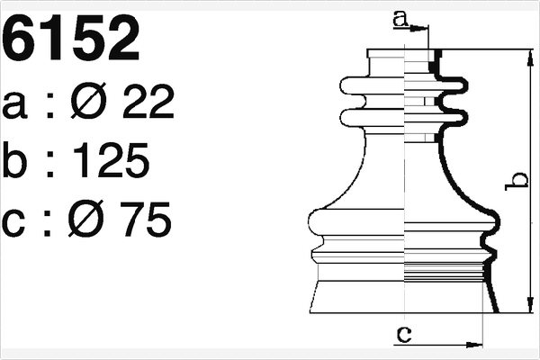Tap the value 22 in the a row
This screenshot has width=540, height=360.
pyautogui.click(x=145, y=106)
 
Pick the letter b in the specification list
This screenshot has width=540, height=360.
pyautogui.click(x=19, y=162)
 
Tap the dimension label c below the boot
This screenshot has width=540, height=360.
pyautogui.click(x=404, y=334)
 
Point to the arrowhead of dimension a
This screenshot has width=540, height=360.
pyautogui.click(x=422, y=28)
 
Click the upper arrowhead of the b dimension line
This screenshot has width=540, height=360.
pyautogui.click(x=528, y=57)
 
